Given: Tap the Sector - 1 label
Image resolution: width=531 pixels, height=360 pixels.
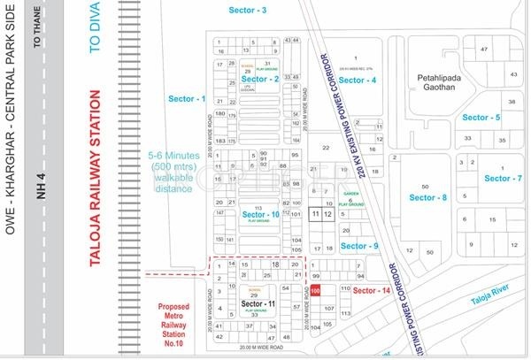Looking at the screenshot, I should pyautogui.click(x=190, y=99).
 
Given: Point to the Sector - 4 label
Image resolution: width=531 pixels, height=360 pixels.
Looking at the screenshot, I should pyautogui.click(x=358, y=80).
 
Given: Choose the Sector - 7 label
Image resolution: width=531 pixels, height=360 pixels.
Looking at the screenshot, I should pyautogui.click(x=501, y=179).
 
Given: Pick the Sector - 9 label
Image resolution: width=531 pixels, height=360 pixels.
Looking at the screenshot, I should pyautogui.click(x=359, y=246).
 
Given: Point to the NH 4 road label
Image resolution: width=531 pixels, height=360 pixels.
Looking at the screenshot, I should pyautogui.click(x=40, y=203).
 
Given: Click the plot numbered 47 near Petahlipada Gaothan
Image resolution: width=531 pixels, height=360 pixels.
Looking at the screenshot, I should pyautogui.click(x=484, y=50).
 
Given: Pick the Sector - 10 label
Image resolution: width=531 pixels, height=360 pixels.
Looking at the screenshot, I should pyautogui.click(x=263, y=215).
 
